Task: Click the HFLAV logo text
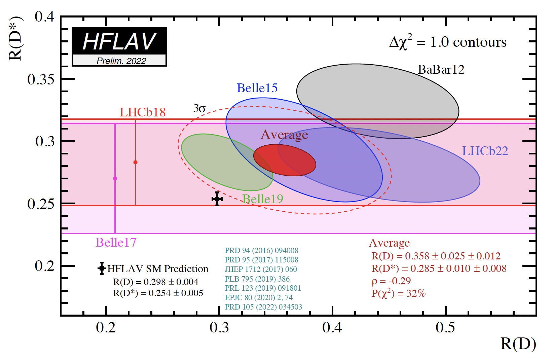pos(119,42)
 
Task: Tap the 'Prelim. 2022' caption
pos(121,61)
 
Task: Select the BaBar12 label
pos(441,70)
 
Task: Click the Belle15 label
pos(257,88)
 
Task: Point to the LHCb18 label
pos(142,112)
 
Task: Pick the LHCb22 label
pos(485,151)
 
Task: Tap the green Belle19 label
pos(263,199)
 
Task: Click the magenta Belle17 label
pos(116,243)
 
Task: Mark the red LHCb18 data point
pos(136,163)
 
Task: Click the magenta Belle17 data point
pos(115,179)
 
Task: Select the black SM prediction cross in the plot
pos(217,199)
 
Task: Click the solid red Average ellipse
pos(284,160)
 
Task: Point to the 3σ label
pos(199,109)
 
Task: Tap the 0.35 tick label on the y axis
pos(41,79)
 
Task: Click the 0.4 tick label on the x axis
pos(332,327)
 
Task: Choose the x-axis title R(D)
pos(518,344)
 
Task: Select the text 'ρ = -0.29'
pos(391,281)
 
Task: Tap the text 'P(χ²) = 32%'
pos(398,293)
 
